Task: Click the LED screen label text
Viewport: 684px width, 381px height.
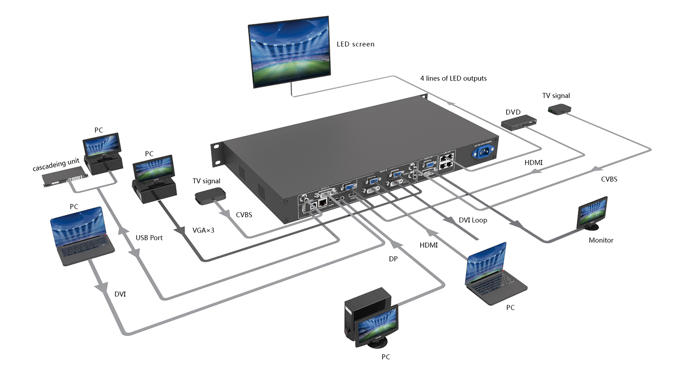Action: click(x=355, y=44)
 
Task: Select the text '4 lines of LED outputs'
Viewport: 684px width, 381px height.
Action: click(x=453, y=79)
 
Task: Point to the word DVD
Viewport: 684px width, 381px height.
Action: click(x=513, y=112)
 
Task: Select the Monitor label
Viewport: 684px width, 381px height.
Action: click(x=600, y=240)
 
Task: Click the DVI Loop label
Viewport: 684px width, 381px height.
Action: click(x=472, y=220)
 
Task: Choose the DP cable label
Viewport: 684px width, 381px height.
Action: click(x=393, y=259)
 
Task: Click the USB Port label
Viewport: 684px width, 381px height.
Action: click(x=149, y=238)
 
